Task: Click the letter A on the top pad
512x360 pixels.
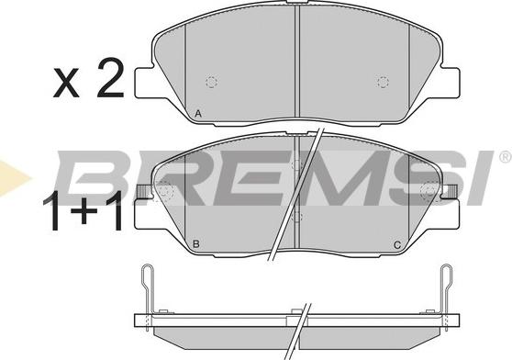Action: pyautogui.click(x=198, y=114)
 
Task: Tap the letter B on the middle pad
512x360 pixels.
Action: pyautogui.click(x=196, y=243)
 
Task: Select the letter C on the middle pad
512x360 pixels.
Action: pyautogui.click(x=397, y=244)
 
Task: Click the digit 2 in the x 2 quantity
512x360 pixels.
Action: pyautogui.click(x=109, y=78)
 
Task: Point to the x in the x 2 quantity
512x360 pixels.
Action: pyautogui.click(x=66, y=83)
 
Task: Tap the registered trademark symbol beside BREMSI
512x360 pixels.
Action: pyautogui.click(x=505, y=157)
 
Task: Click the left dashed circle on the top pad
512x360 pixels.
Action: pyautogui.click(x=212, y=82)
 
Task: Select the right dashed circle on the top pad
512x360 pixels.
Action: pyautogui.click(x=383, y=82)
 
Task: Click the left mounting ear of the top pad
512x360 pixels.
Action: pyautogui.click(x=145, y=82)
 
